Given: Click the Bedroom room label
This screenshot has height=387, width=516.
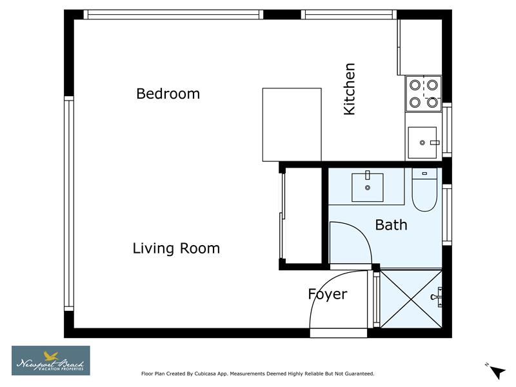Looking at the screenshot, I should pos(168,94).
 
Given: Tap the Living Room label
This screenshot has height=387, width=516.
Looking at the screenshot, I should pos(176,248).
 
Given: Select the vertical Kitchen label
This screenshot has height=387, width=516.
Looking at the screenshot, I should pos(350,89).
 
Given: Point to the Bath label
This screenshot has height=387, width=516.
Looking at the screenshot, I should pos(391,224).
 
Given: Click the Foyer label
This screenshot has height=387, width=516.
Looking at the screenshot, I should pos(328,294).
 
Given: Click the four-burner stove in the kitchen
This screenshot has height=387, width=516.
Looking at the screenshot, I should pos(424,93).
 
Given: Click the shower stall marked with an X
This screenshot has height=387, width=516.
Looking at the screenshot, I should pos(410,297).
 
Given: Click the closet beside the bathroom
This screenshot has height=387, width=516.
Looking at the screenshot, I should pos(301,215).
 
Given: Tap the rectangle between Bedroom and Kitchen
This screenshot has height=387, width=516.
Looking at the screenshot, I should pos(292,124).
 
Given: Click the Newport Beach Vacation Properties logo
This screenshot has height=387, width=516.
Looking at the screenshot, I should pos(51,361).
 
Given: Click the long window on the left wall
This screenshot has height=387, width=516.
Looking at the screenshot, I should pos(68,203).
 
